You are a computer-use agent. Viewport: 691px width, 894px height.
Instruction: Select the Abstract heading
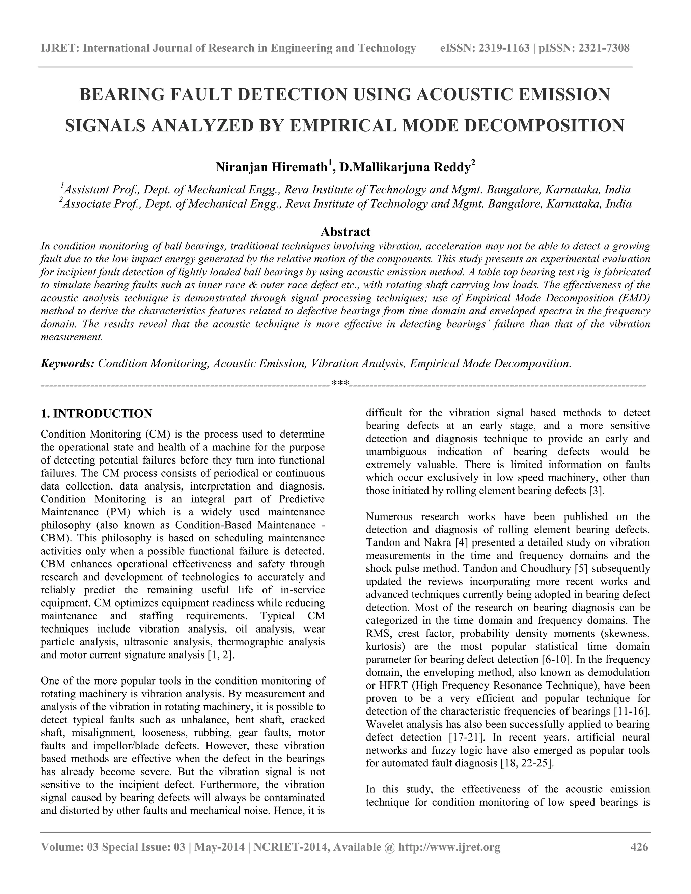point(345,232)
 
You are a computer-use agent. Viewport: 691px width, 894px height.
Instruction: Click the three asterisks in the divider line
point(340,384)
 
